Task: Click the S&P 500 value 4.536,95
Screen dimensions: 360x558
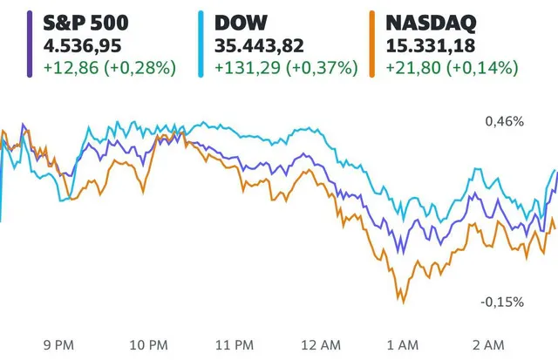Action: (76, 43)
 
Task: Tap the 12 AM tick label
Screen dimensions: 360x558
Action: (323, 344)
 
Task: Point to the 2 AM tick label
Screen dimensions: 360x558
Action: (494, 344)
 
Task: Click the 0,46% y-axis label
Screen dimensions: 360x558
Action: (504, 121)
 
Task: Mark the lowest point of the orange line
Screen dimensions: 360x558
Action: (402, 302)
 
